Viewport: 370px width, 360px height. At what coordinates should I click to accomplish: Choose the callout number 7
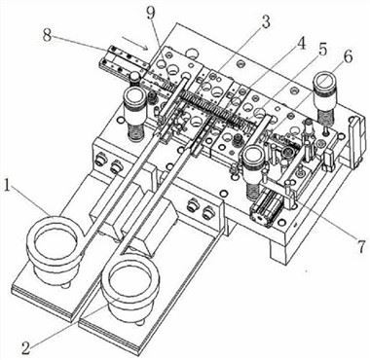pos(336,237)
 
